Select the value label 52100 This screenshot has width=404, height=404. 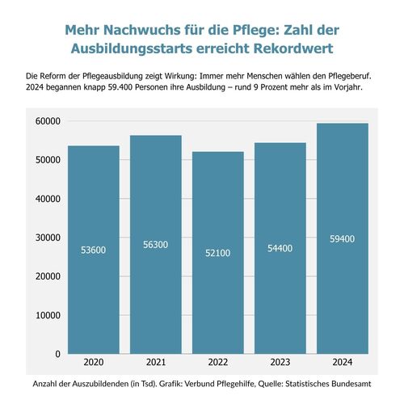[x=217, y=253]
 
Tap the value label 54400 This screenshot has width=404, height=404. [x=278, y=248]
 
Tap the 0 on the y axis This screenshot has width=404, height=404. [x=58, y=354]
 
